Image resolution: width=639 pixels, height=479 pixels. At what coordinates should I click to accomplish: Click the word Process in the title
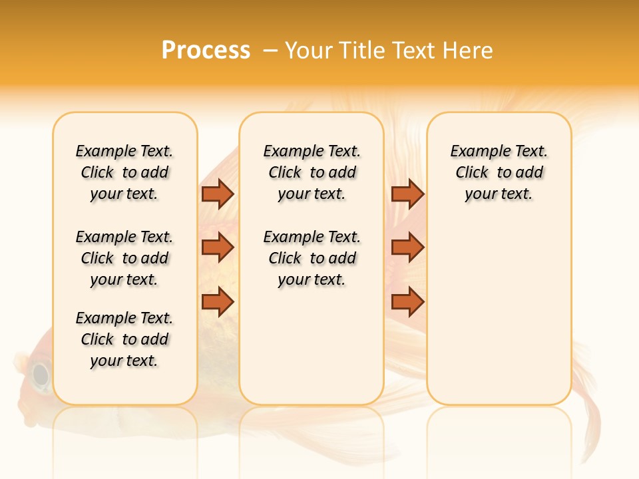pos(206,50)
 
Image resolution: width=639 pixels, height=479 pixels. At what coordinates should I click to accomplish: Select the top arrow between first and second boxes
pos(218,194)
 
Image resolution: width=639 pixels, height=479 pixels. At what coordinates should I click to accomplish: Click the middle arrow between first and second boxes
pos(218,247)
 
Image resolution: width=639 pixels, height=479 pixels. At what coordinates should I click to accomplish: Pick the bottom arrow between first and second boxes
pos(218,302)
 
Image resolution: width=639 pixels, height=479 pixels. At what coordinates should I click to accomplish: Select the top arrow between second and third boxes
pos(407,194)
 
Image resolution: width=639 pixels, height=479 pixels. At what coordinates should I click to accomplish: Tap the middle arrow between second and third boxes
pos(407,247)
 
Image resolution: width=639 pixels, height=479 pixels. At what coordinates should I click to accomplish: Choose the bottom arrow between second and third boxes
pos(407,302)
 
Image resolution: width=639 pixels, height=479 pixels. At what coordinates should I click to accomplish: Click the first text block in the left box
pos(124,172)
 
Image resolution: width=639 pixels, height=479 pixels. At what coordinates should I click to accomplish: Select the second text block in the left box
pos(124,258)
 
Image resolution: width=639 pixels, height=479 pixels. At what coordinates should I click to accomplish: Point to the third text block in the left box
pos(124,339)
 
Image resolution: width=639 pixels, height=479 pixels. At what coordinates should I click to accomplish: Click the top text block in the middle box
pos(312,172)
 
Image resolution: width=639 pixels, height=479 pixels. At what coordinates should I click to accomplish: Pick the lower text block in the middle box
pos(312,258)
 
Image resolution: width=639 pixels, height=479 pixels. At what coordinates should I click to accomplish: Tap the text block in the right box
pos(499,172)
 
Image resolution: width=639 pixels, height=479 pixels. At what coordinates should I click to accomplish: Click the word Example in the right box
pos(474,152)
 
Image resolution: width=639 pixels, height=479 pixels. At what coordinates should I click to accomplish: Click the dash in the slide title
pos(270,50)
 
